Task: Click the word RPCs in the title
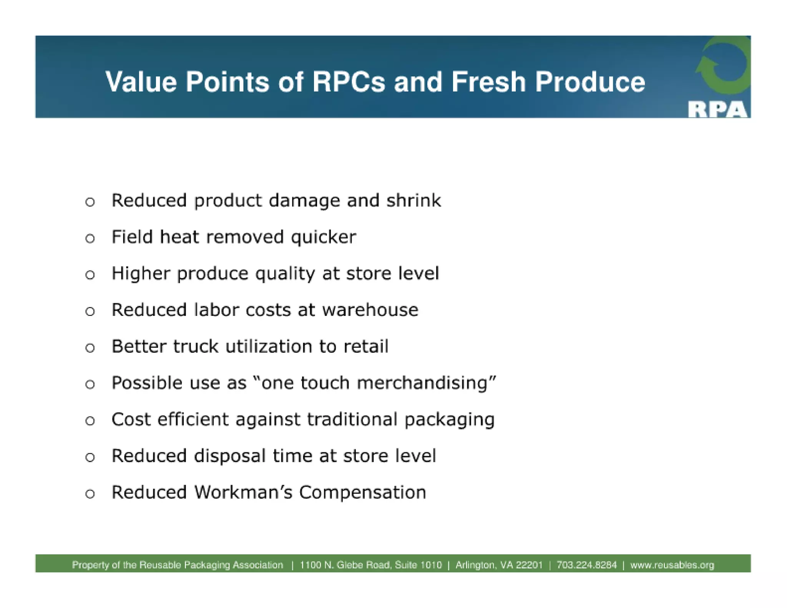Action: tap(348, 82)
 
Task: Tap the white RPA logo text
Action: tap(717, 110)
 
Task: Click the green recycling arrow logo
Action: tap(723, 65)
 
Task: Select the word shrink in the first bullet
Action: tap(413, 201)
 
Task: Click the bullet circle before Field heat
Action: tap(90, 238)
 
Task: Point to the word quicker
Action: tap(323, 237)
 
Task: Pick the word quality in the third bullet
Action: tap(285, 274)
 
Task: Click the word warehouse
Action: tap(370, 310)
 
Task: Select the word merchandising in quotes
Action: tap(422, 383)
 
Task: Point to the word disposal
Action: tap(229, 456)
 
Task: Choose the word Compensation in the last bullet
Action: tap(362, 492)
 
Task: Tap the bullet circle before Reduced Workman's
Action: tap(90, 494)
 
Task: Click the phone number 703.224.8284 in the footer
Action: tap(586, 565)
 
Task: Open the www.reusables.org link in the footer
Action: tap(672, 565)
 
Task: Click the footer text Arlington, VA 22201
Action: tap(499, 565)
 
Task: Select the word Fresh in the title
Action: tap(488, 82)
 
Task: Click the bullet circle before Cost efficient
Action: tap(90, 421)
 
